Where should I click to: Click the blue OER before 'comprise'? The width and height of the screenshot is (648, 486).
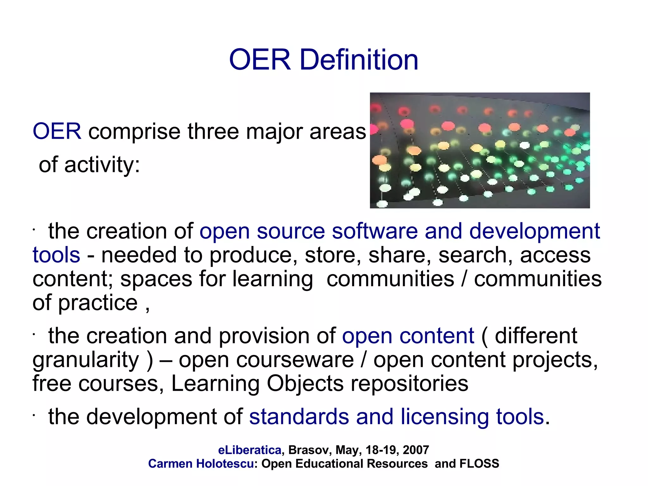(57, 131)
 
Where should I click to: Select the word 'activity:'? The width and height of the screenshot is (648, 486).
(102, 165)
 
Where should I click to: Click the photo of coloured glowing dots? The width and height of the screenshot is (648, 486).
(480, 150)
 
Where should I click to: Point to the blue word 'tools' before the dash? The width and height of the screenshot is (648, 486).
(56, 255)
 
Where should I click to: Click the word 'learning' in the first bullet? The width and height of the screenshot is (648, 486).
(272, 280)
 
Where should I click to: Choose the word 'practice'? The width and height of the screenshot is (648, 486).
(98, 303)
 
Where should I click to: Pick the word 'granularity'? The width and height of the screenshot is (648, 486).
(86, 360)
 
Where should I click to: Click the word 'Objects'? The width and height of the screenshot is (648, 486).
(305, 384)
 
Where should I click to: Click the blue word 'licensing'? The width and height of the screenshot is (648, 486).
(445, 417)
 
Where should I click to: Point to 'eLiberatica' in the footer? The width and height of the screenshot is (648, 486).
(250, 450)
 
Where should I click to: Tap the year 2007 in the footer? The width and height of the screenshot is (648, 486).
(416, 450)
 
